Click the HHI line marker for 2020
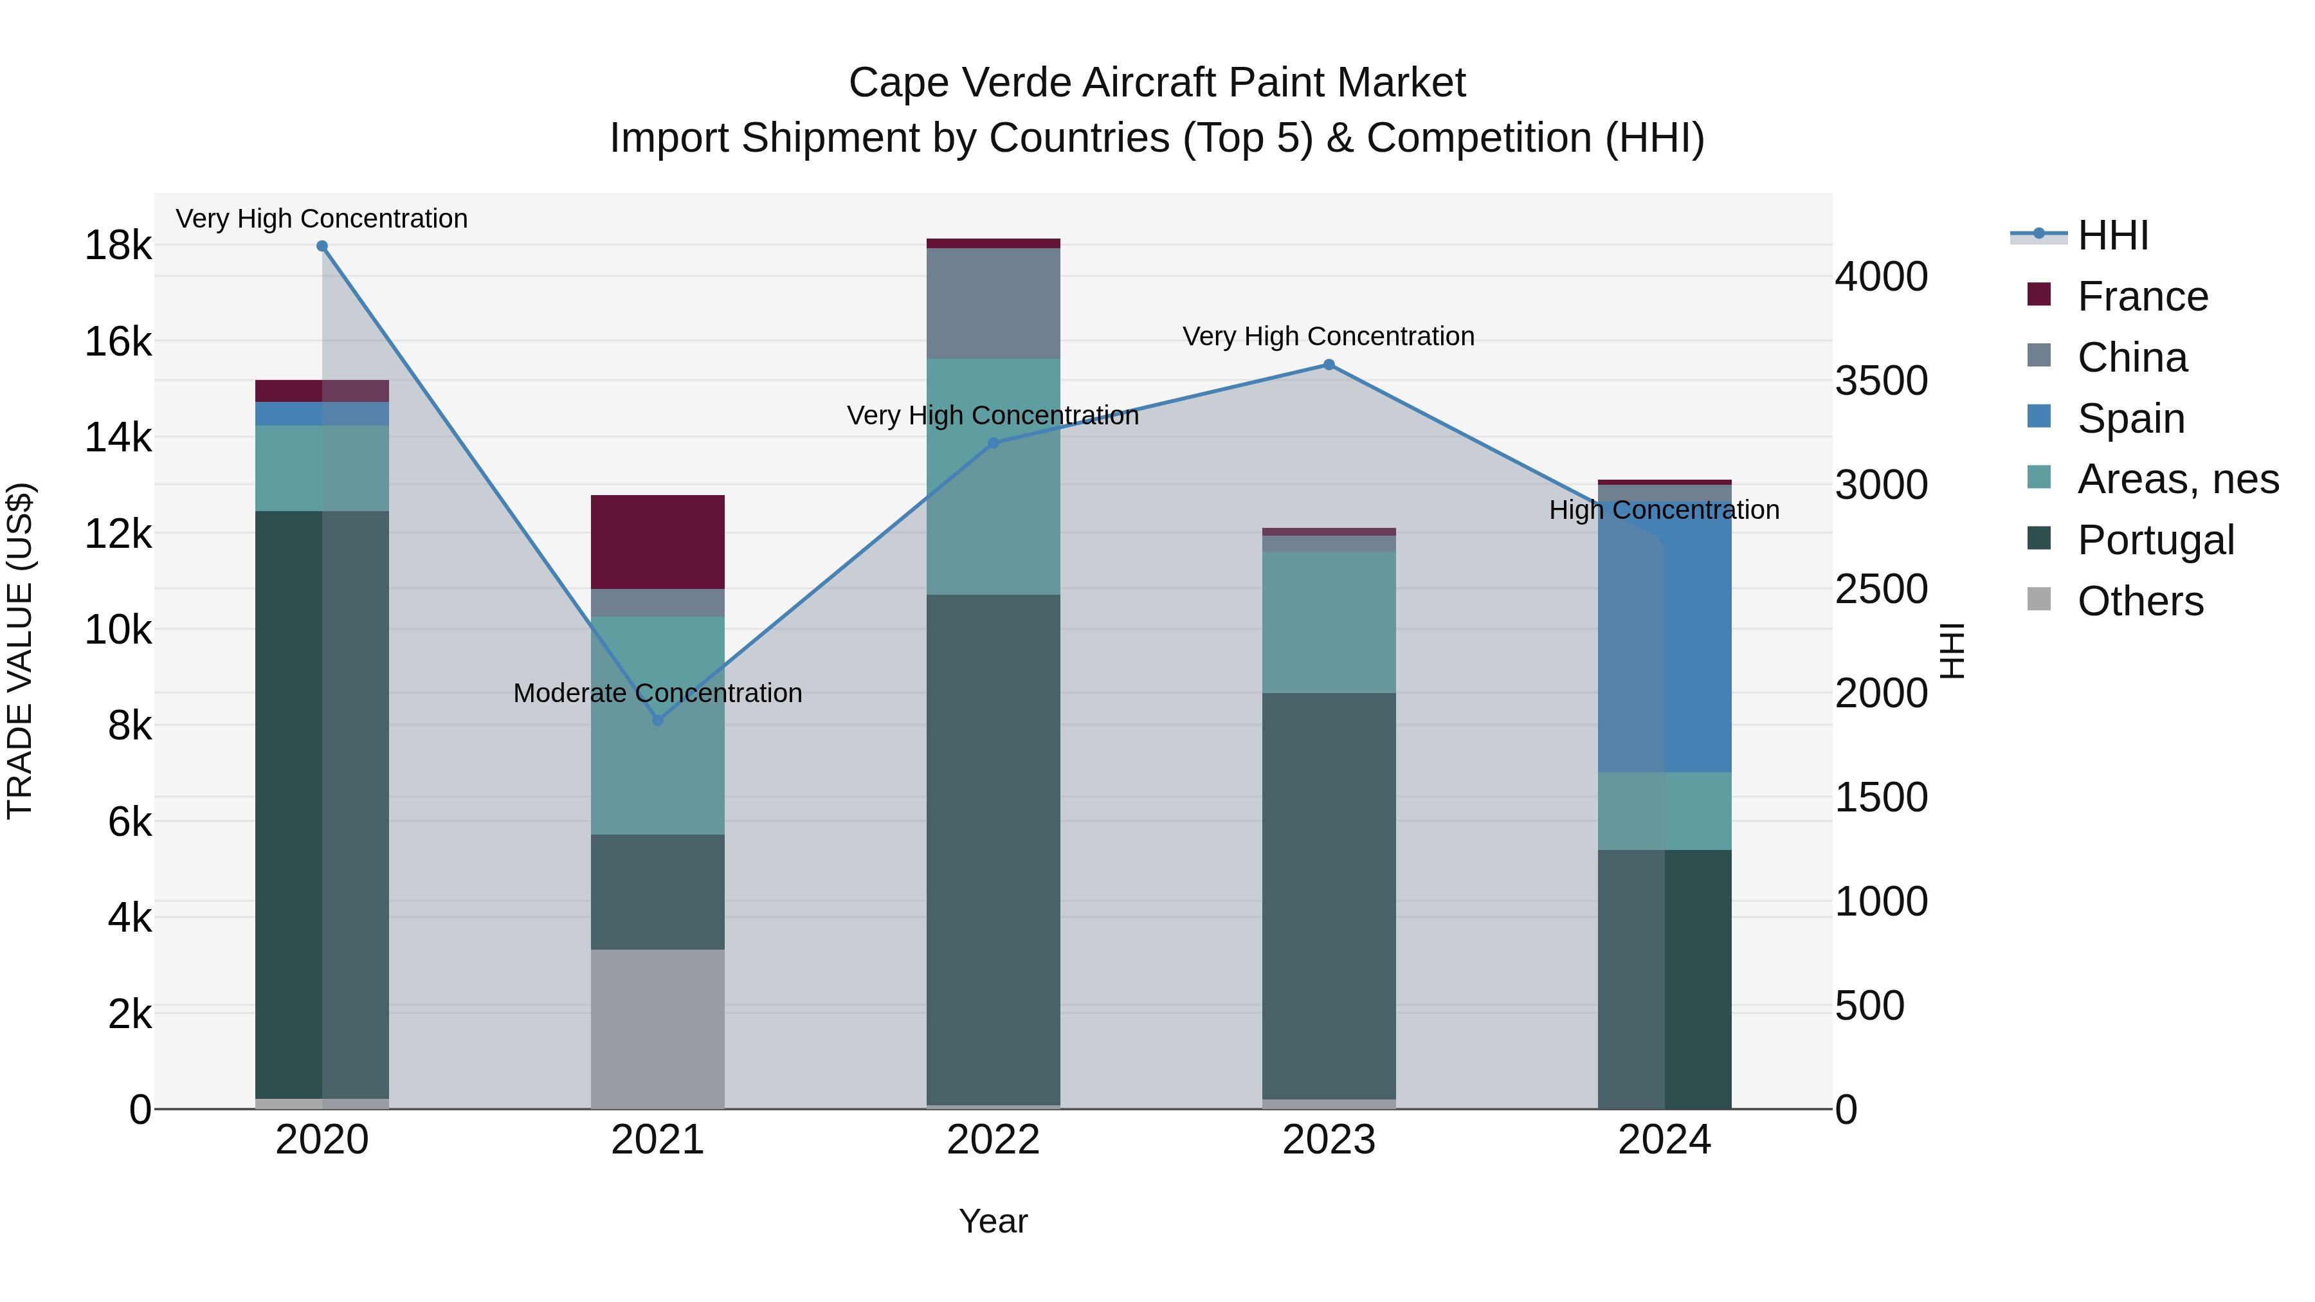[x=322, y=246]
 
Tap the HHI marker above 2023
[x=1329, y=365]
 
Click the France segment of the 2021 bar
[x=658, y=542]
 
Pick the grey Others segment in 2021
[x=658, y=1029]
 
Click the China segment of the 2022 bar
[x=993, y=303]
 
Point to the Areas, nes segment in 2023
[x=1329, y=622]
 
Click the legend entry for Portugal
[x=2155, y=540]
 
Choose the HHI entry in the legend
[x=2112, y=235]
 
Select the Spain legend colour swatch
[x=2039, y=417]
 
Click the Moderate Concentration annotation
[x=658, y=692]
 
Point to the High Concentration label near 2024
[x=1664, y=509]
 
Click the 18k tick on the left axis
[x=118, y=246]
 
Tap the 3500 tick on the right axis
[x=1881, y=380]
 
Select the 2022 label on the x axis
[x=993, y=1140]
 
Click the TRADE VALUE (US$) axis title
[x=20, y=651]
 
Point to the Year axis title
[x=993, y=1221]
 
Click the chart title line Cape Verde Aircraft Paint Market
[x=1157, y=83]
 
